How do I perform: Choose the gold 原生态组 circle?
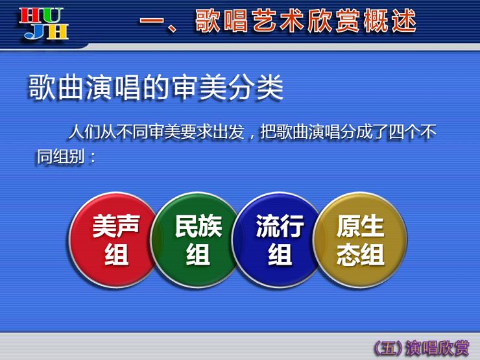tap(360, 240)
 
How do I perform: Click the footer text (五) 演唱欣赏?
tap(421, 348)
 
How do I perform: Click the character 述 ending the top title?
tap(404, 21)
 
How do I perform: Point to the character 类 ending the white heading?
tap(270, 88)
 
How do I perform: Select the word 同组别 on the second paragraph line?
tap(60, 157)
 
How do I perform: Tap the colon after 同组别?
tap(92, 158)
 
